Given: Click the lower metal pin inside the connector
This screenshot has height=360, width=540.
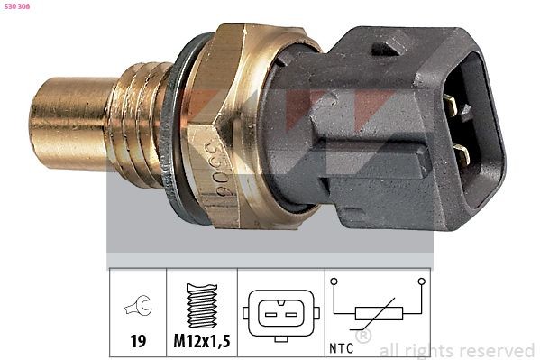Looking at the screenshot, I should coord(464,154).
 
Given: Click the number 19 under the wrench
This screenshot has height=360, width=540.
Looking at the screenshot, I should coord(137,343).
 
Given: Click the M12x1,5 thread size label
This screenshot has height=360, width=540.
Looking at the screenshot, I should coord(200,343).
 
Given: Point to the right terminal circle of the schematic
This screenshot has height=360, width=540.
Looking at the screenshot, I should coord(419,283).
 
